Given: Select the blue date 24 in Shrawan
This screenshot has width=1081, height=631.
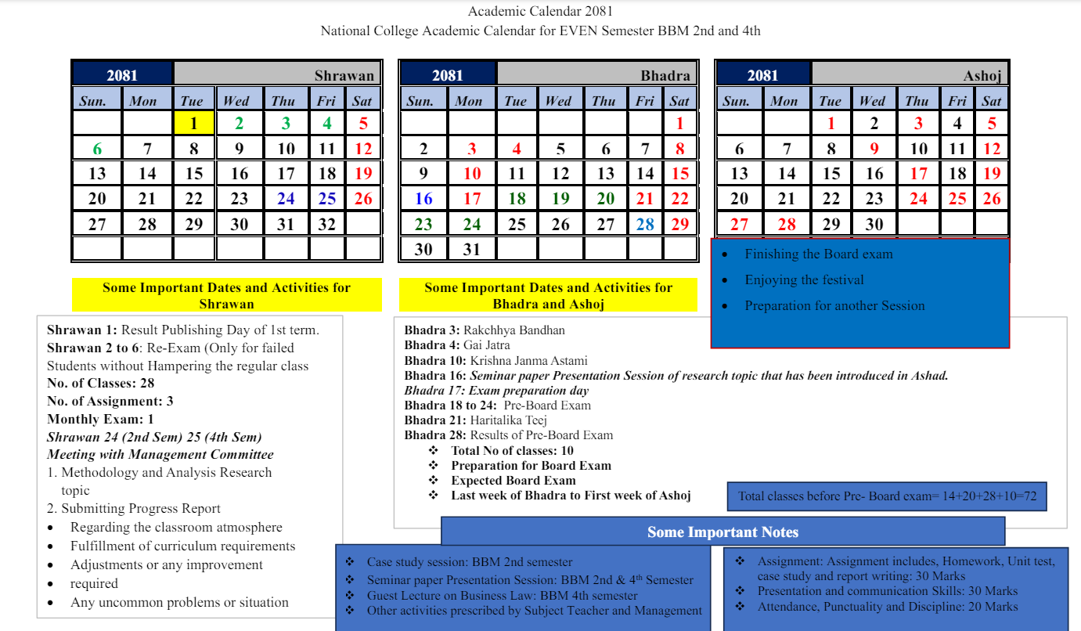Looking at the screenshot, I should (x=286, y=199).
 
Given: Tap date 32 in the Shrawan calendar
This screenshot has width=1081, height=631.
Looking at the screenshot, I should (x=327, y=225).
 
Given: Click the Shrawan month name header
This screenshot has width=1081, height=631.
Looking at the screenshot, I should (x=344, y=76).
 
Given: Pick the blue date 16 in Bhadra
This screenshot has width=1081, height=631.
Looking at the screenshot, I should (x=423, y=199).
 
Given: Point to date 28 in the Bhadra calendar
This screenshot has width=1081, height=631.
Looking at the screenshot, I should (x=645, y=225).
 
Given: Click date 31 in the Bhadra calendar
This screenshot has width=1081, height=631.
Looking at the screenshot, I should (x=471, y=250).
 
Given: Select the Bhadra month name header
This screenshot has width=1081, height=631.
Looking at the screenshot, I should (x=665, y=76).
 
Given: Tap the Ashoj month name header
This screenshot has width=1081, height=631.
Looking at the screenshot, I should (x=982, y=76).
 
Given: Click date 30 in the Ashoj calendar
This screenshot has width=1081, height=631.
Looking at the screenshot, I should (x=874, y=225).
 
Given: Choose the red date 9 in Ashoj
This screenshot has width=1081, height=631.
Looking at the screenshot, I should (x=874, y=149).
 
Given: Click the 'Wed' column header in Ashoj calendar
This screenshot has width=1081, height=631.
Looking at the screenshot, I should (x=872, y=101).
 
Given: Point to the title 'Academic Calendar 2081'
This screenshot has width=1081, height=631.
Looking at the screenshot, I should (x=540, y=11).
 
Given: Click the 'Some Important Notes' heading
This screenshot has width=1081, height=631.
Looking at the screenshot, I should (x=722, y=532).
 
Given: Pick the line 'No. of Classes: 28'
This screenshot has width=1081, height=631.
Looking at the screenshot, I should (x=101, y=384).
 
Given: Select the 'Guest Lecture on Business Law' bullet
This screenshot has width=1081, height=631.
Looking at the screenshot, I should (x=502, y=596).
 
